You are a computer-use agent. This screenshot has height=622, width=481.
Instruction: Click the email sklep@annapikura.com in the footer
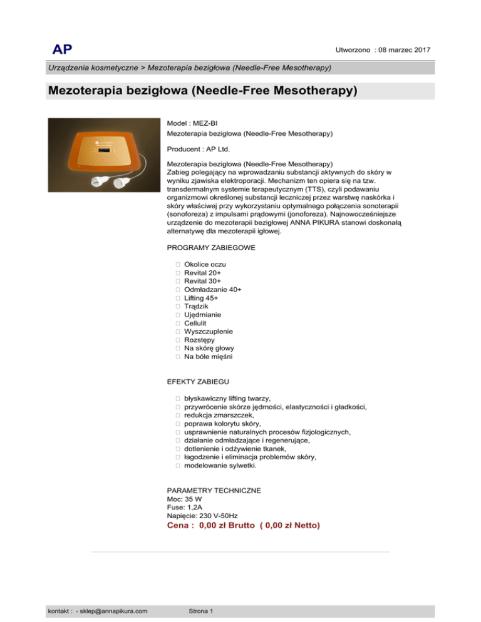(111, 610)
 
